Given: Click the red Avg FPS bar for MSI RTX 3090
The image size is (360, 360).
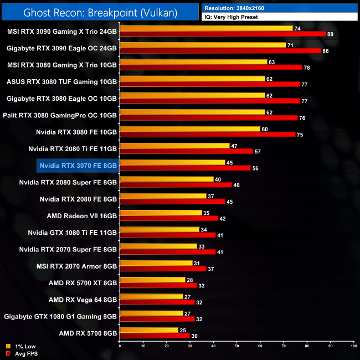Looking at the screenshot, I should tap(222, 34).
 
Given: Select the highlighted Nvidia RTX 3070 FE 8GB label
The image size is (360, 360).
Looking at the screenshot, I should tap(78, 164).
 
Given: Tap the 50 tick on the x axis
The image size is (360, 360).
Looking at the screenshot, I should tap(236, 347).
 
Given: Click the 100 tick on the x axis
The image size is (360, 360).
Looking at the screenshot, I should tap(353, 347).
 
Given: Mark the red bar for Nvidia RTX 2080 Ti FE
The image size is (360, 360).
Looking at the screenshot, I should tap(186, 151).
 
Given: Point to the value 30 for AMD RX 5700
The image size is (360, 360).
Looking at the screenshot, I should tap(194, 336).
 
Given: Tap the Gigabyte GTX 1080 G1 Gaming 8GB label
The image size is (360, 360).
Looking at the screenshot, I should tap(60, 316).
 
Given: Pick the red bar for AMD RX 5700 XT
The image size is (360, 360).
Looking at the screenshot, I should tap(158, 285).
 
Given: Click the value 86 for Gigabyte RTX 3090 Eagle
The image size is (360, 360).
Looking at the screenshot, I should tap(326, 51).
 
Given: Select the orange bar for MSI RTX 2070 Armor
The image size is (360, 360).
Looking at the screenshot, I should tap(156, 263).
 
